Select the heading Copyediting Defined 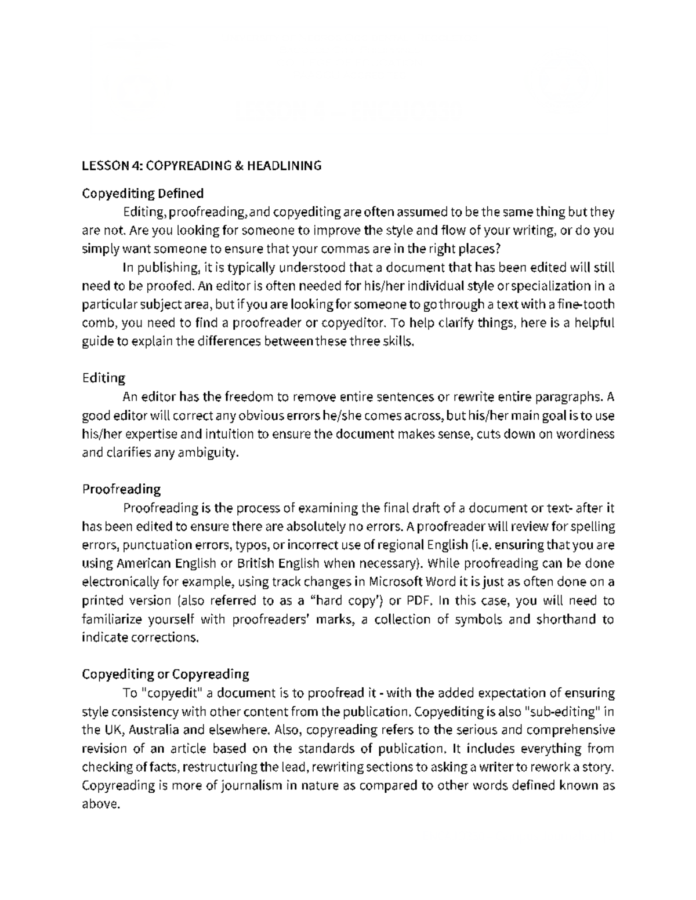[x=143, y=192]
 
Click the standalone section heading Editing [x=103, y=378]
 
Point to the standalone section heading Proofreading [x=121, y=489]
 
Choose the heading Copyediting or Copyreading [x=165, y=674]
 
